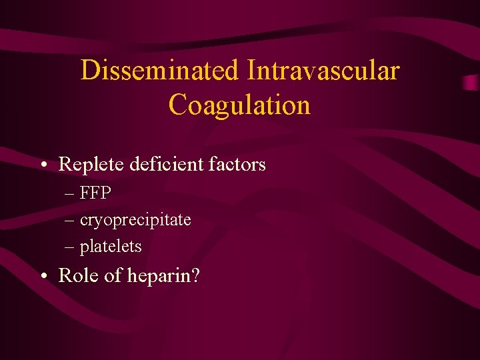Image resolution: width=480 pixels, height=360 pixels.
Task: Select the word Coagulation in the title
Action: click(x=239, y=105)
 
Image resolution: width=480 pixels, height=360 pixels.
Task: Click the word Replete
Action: click(x=87, y=164)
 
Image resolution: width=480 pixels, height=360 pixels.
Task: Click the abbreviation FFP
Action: click(x=95, y=193)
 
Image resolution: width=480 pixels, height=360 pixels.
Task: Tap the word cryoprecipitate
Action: click(x=135, y=220)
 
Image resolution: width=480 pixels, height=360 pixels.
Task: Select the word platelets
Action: click(x=111, y=247)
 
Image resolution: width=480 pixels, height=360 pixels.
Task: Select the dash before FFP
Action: click(x=70, y=194)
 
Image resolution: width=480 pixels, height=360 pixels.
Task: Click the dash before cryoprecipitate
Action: click(x=70, y=221)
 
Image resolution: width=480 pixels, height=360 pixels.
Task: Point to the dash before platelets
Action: click(x=70, y=247)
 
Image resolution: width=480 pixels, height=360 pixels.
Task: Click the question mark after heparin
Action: click(x=195, y=276)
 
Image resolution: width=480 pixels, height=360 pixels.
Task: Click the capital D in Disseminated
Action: click(x=89, y=71)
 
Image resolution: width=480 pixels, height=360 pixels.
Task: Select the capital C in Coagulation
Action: click(x=178, y=105)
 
